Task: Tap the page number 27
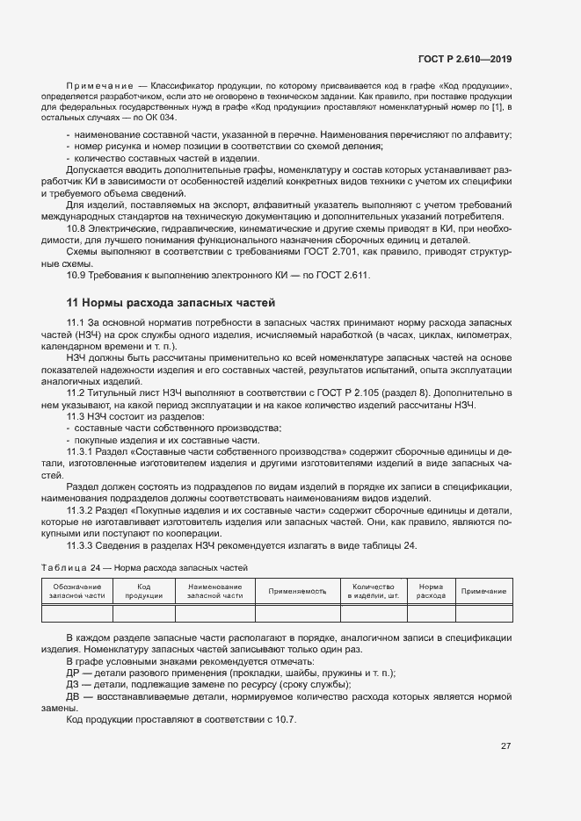(506, 746)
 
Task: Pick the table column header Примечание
(484, 592)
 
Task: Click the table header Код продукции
(144, 591)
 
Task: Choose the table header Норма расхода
(431, 591)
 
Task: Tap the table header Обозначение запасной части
(77, 591)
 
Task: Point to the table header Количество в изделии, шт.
(373, 591)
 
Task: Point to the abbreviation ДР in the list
(73, 673)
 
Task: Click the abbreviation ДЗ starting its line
(73, 685)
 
